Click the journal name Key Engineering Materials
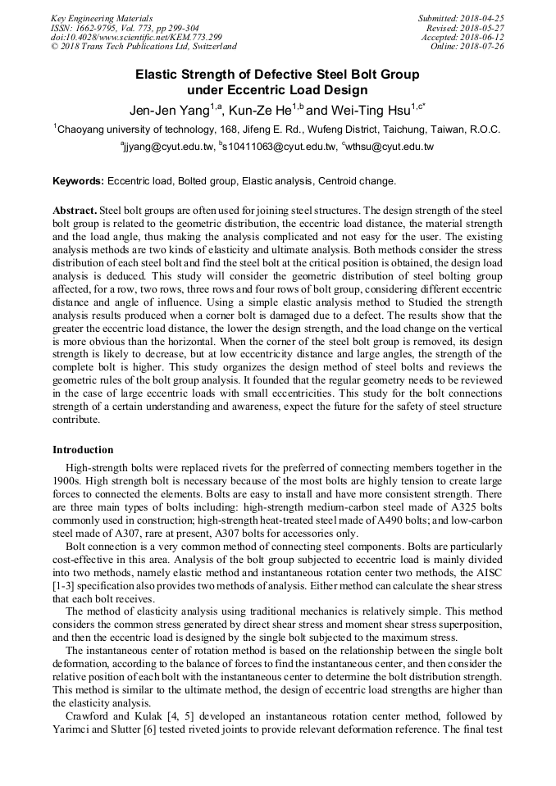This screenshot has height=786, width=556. pos(102,18)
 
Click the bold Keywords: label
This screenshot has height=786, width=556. pos(78,180)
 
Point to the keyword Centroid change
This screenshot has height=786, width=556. pos(357,180)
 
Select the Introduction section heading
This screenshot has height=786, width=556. pos(83,450)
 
